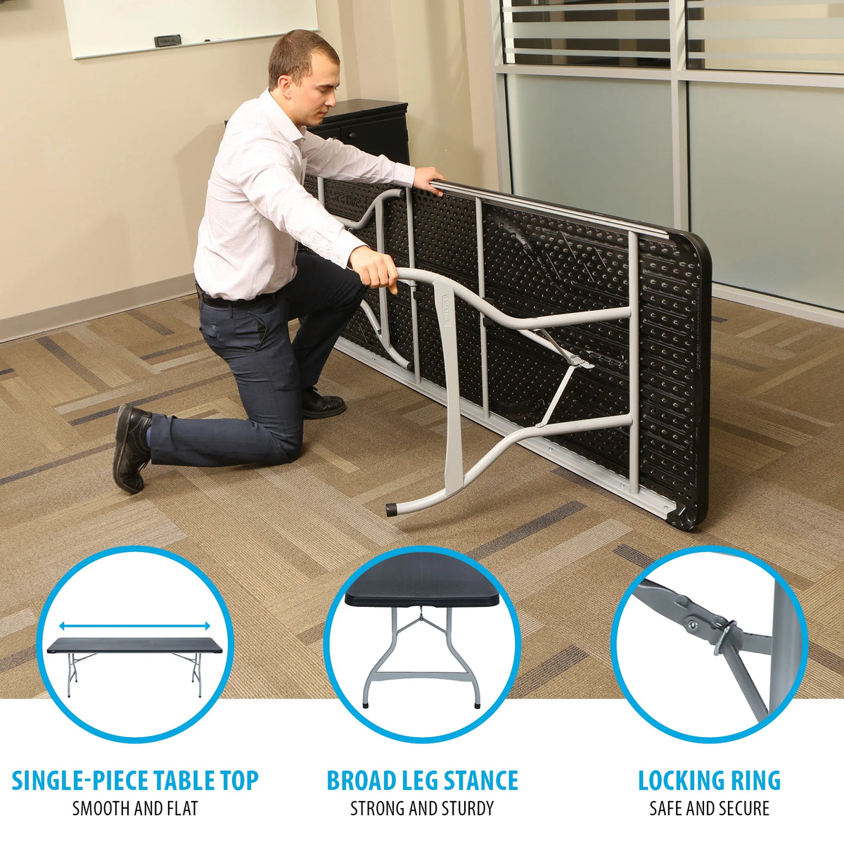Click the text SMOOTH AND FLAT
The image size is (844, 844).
coord(135,809)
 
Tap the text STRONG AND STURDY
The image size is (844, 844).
coord(422,809)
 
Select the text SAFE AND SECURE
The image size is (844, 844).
coord(709,809)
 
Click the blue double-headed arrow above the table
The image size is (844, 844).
coord(135,626)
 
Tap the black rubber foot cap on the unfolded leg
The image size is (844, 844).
coord(391,510)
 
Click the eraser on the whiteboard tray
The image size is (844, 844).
coord(167,41)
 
